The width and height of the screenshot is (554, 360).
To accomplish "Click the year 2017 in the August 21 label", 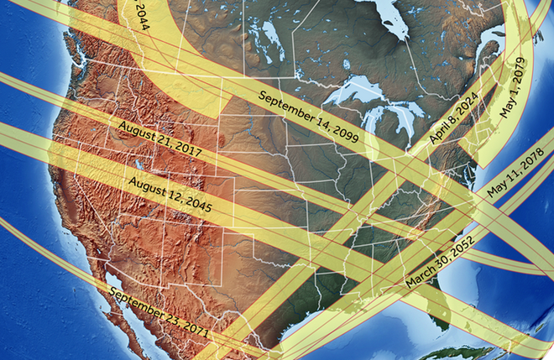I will (x=186, y=150).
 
